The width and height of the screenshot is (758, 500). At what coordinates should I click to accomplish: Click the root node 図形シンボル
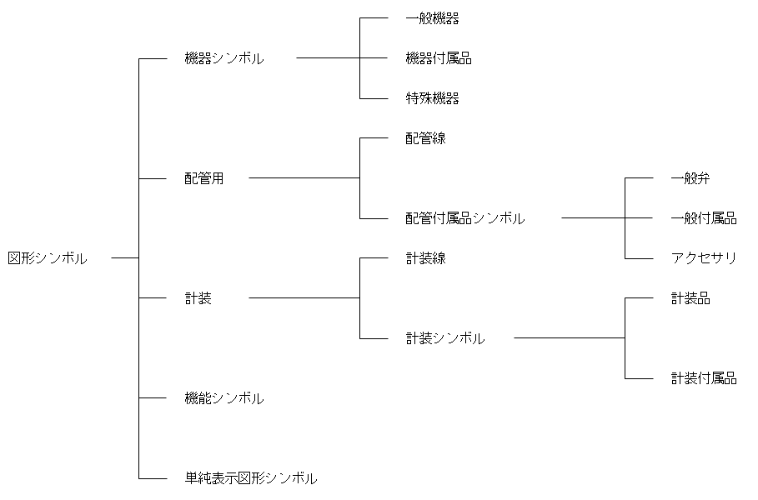[47, 258]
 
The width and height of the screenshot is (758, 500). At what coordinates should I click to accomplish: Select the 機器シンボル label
[223, 58]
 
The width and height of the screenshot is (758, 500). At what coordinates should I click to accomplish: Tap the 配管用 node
[204, 178]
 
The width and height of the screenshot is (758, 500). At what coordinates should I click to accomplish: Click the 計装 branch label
[198, 298]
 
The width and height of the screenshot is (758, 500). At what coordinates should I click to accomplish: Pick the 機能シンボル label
[223, 398]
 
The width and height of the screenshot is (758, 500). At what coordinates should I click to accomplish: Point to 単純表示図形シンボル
[250, 478]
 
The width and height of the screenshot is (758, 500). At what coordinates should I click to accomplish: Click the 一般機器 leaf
[432, 18]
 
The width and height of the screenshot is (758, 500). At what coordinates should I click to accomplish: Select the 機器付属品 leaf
[439, 58]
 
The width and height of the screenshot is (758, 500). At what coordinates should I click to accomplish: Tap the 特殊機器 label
[432, 98]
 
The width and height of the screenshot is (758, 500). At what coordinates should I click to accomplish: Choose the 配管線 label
[425, 138]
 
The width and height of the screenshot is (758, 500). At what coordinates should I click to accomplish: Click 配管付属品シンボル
[465, 218]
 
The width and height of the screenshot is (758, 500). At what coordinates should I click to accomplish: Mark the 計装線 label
[425, 258]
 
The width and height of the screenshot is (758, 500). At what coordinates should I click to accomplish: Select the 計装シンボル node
[445, 338]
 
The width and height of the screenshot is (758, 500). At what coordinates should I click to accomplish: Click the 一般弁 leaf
[690, 178]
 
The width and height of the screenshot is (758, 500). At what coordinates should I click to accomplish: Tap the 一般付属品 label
[704, 218]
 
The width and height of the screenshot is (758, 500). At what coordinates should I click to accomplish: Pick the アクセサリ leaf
[704, 258]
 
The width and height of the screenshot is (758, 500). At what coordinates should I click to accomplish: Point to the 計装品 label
[690, 298]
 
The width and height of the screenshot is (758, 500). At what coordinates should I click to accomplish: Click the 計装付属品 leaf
[704, 378]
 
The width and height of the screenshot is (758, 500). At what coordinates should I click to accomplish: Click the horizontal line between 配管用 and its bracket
[304, 178]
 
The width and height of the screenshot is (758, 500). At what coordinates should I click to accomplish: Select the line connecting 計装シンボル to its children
[570, 338]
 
